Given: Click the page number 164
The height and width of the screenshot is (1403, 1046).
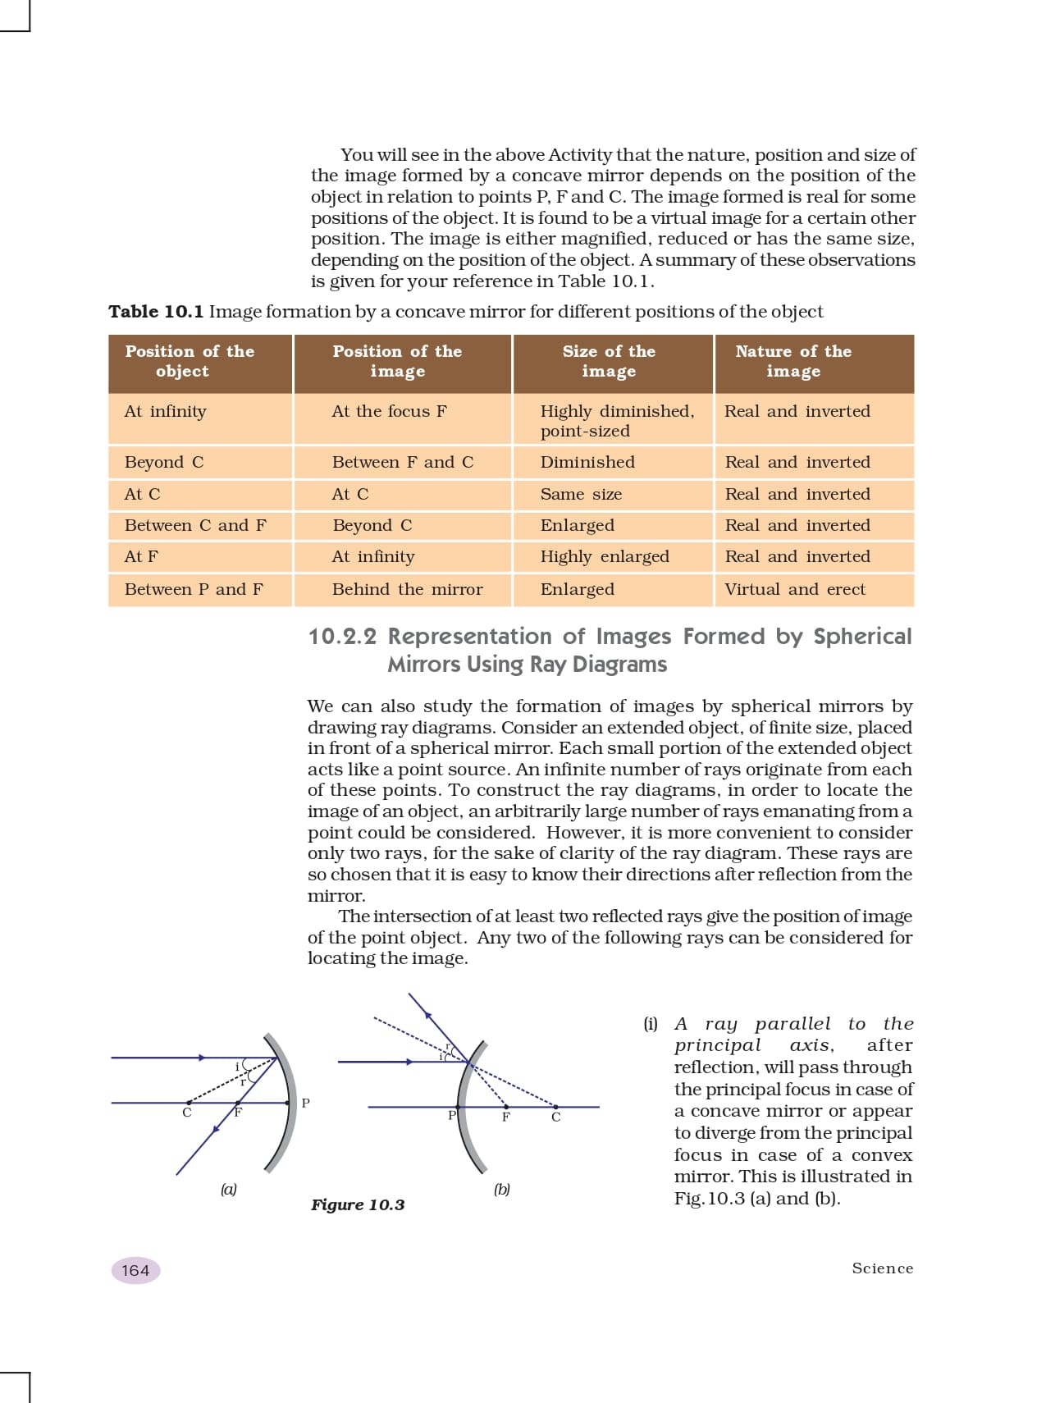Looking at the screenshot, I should click(x=135, y=1270).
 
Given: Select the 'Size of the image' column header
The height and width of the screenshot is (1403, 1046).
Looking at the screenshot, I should click(x=609, y=361).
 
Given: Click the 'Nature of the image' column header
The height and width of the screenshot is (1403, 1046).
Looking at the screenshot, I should click(x=793, y=361).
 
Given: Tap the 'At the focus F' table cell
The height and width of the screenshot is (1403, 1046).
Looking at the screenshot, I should click(x=389, y=411).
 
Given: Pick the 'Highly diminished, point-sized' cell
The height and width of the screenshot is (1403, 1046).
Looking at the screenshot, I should click(x=617, y=421).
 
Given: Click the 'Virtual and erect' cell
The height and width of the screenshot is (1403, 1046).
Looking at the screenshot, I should click(x=795, y=589).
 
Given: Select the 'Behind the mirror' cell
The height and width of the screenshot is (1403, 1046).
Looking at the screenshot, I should click(x=407, y=589).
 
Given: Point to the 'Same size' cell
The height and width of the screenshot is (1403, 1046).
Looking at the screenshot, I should click(x=581, y=494).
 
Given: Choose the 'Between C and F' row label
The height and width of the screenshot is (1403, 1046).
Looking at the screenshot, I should click(x=195, y=525).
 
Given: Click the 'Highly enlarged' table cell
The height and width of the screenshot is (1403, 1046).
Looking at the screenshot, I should click(x=605, y=556).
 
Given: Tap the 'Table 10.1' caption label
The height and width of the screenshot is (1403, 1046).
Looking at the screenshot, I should click(x=156, y=312).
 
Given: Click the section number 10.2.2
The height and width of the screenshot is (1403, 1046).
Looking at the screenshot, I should click(x=342, y=637).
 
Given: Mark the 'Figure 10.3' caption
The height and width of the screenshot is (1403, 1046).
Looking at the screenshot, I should click(x=358, y=1204).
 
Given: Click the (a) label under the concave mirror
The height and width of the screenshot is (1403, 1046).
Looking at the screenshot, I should click(x=228, y=1189).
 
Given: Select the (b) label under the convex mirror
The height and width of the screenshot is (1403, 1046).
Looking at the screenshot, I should click(x=502, y=1189).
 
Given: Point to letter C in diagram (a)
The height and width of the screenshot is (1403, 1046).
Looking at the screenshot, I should click(x=187, y=1113).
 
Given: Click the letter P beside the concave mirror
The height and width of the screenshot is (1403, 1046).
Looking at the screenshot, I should click(x=306, y=1104).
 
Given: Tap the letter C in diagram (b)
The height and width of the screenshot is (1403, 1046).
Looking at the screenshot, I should click(x=556, y=1117).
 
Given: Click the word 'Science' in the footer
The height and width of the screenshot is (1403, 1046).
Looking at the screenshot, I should click(x=882, y=1268).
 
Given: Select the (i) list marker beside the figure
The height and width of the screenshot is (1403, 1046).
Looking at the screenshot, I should click(x=651, y=1024).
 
